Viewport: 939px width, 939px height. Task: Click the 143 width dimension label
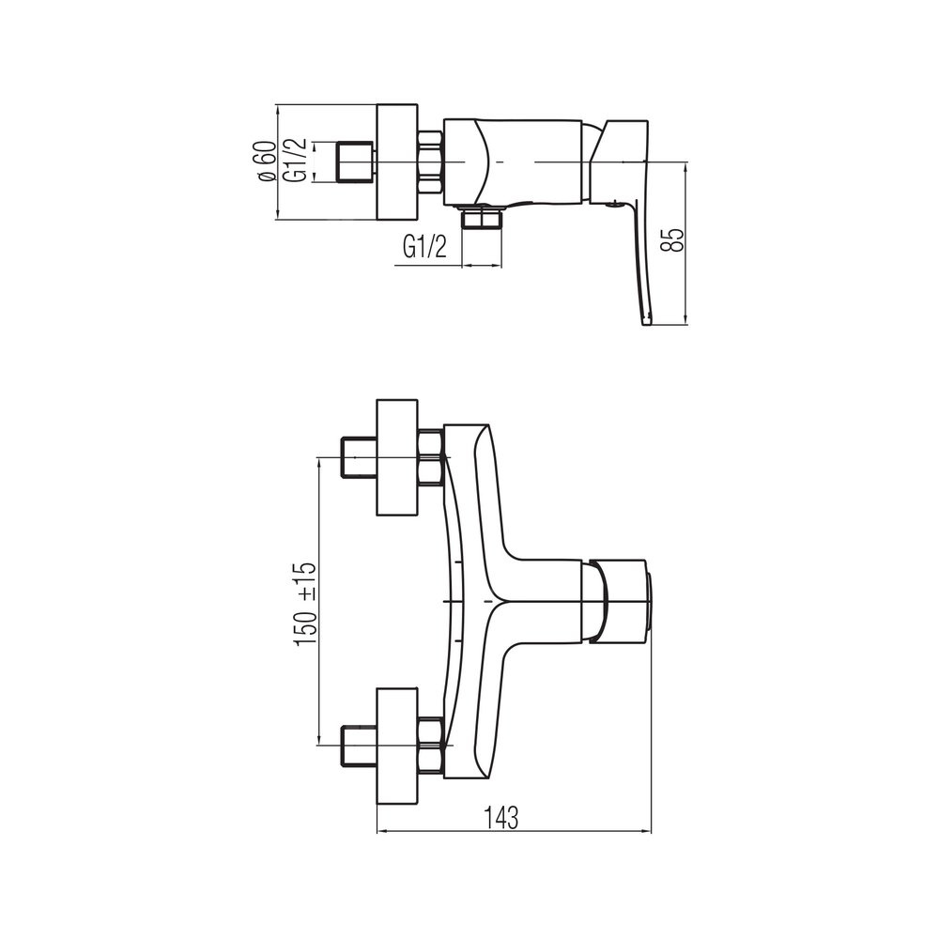coord(500,818)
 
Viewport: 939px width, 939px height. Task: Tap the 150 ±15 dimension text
coord(305,605)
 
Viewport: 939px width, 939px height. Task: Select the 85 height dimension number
coord(675,240)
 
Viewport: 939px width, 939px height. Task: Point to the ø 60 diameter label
coord(267,162)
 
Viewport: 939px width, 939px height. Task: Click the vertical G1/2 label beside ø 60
coord(297,160)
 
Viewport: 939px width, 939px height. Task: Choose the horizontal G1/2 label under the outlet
coord(425,246)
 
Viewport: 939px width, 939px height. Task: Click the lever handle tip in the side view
coord(647,320)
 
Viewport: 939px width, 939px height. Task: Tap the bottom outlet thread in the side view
coord(481,218)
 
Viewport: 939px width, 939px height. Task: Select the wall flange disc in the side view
coord(397,162)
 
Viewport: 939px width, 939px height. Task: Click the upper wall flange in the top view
coord(397,457)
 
